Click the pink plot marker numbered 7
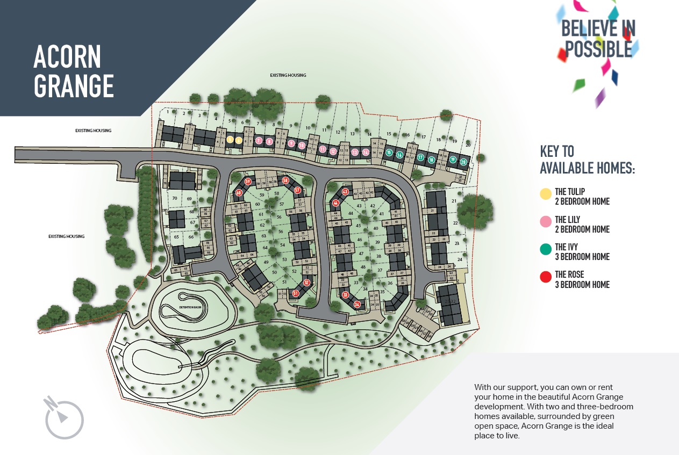coord(259,141)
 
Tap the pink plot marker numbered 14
coord(366,153)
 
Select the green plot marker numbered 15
coord(389,153)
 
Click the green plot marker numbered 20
coord(463,161)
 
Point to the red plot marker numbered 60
coord(239,192)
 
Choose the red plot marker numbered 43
coord(345,192)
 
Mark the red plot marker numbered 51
coord(296,293)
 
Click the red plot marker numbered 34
coord(357,305)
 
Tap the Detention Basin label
coord(190,307)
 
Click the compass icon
coord(64,417)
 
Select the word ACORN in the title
coord(67,56)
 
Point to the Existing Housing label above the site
coord(288,75)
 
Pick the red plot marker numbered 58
coord(285,180)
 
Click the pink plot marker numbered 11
coord(323,149)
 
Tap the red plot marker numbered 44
coord(335,203)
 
